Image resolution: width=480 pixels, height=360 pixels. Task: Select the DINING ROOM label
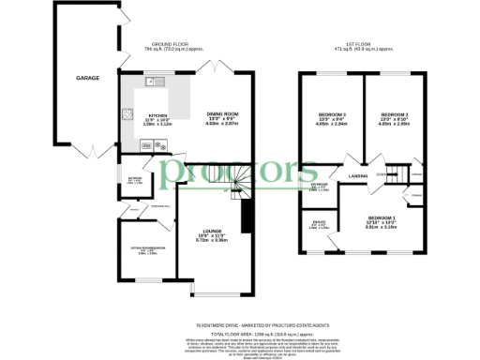(223, 114)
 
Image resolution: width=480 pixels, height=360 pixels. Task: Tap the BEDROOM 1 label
(382, 217)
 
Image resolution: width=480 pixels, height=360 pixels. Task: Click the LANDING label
(359, 176)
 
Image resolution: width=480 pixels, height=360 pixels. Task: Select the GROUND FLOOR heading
(166, 43)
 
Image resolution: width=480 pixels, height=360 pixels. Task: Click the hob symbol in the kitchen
(125, 117)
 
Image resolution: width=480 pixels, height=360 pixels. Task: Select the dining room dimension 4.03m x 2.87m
(223, 125)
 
